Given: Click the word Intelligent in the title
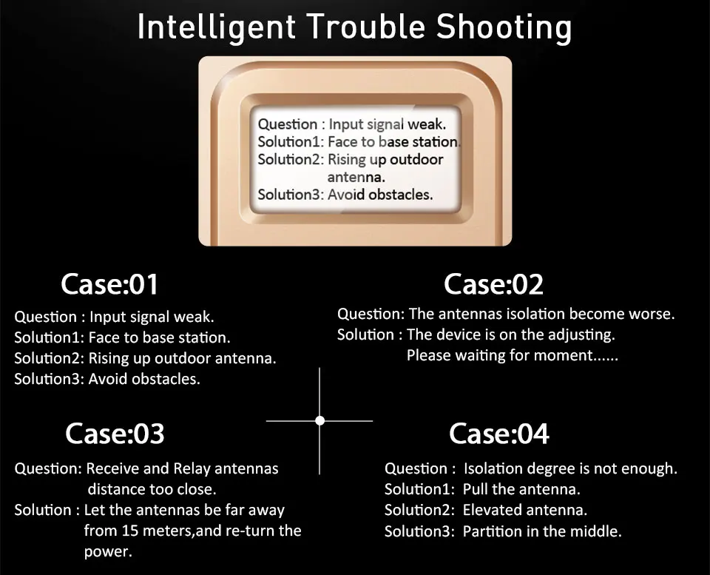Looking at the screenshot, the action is coord(216,28).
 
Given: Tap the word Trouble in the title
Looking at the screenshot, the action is coord(366,28).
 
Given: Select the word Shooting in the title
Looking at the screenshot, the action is coord(504,28).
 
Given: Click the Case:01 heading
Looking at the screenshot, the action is coord(109,284).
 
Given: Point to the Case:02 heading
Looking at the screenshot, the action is coord(493,284).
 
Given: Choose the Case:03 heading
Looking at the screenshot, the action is coord(115,434).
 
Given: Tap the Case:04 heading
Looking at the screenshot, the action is coord(499,434).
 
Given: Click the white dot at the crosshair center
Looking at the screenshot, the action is coord(319,420).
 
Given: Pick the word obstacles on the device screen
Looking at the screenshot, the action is coord(400,195).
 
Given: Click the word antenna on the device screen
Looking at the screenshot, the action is coord(356,177).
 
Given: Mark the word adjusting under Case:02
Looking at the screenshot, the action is coord(584,334).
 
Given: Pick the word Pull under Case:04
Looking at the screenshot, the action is coord(476,489).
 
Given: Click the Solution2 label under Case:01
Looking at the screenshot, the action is coord(48,358).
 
